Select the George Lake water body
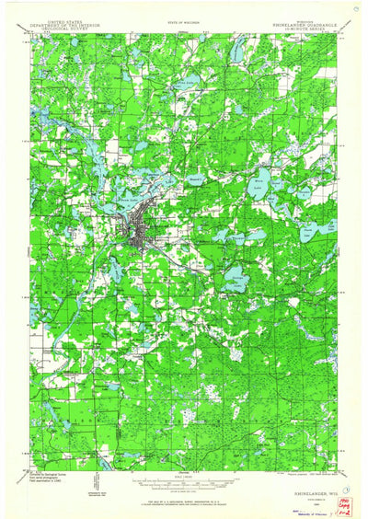[x=236, y=275]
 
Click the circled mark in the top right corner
[x=356, y=6]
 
